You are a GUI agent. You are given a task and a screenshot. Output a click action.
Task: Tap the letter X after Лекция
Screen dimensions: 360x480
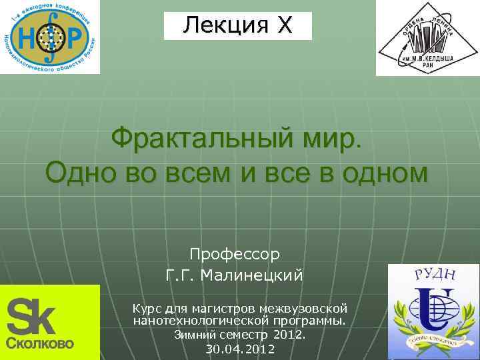point(285,26)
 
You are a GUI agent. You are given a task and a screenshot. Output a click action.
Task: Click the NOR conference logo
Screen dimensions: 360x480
point(50,36)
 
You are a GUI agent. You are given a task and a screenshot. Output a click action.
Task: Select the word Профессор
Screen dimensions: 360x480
point(235,254)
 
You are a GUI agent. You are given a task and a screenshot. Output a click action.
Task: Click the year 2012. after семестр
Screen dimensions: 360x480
point(289,335)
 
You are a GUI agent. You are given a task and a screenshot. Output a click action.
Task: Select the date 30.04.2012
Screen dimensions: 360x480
point(240,349)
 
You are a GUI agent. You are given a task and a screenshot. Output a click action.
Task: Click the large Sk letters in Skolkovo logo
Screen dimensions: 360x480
point(31,317)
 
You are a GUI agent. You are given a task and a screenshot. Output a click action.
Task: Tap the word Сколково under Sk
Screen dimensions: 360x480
point(40,344)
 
